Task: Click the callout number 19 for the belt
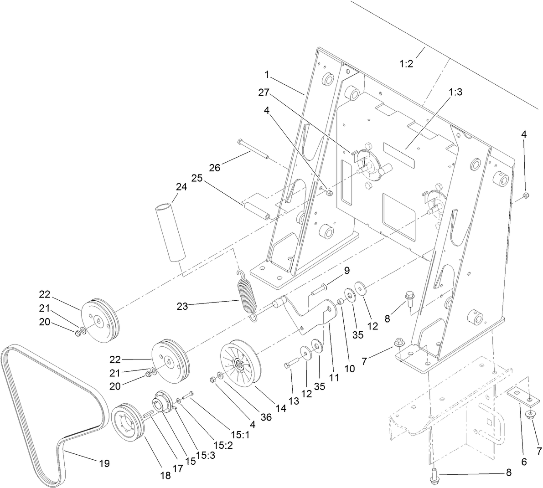[104, 463]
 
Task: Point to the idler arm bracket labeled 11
[310, 314]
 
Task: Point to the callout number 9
[346, 271]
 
